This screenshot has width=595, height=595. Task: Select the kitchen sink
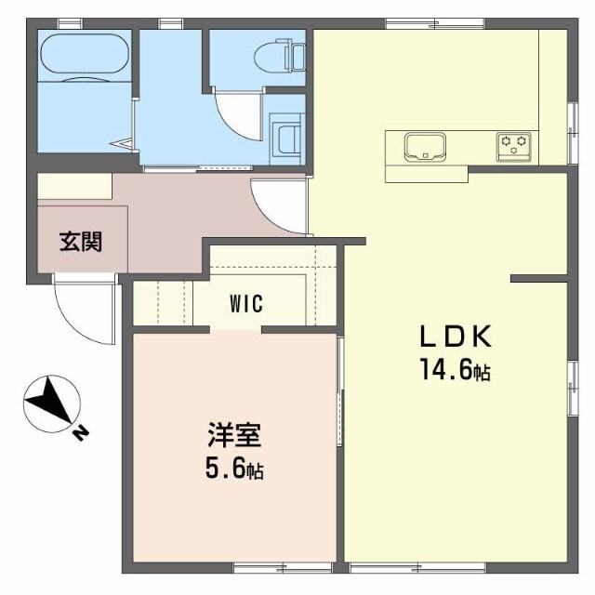[x=425, y=146]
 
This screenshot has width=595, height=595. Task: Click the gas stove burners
[x=514, y=144]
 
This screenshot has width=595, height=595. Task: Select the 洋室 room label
[x=233, y=435]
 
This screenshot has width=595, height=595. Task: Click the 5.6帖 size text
[x=233, y=469]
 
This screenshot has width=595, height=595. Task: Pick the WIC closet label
[x=246, y=304]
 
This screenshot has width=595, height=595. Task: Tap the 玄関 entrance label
[x=81, y=243]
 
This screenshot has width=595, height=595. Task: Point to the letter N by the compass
[x=81, y=431]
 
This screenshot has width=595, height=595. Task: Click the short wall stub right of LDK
[x=539, y=277]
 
